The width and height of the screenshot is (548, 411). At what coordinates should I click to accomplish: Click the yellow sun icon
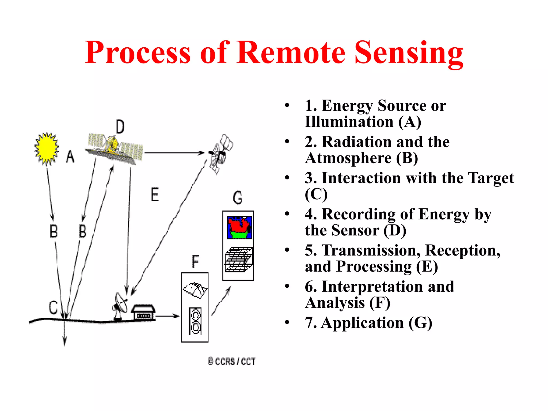point(47,148)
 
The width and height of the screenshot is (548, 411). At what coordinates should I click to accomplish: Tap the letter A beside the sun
point(70,157)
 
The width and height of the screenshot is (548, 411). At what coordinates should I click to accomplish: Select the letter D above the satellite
point(120,127)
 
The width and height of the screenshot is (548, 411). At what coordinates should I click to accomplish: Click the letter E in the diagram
point(155,195)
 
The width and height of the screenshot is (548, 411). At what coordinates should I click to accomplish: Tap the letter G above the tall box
point(238,198)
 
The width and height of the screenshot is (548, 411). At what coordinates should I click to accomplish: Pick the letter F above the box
point(195,261)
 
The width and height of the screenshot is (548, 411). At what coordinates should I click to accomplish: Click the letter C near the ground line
point(53,307)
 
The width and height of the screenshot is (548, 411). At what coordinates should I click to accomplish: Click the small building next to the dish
point(143,312)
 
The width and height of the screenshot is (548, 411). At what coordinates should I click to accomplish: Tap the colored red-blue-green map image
point(239,227)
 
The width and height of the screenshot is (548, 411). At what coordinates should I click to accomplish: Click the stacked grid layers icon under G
point(239,260)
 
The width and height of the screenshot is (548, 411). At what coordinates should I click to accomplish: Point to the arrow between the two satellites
point(174,153)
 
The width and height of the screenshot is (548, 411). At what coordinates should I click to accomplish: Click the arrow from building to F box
point(167,316)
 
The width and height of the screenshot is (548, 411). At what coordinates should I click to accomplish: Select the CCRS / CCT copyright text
point(231,361)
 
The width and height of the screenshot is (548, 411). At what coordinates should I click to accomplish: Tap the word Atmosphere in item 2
point(348,158)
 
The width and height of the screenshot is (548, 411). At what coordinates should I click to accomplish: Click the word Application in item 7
point(362,323)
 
